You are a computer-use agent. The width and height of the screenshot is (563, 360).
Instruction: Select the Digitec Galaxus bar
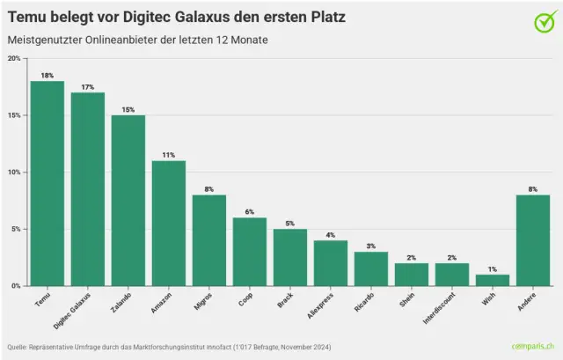[87, 189]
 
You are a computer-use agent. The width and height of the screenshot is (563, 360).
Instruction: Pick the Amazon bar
[168, 224]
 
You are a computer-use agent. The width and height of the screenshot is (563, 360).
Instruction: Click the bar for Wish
[492, 280]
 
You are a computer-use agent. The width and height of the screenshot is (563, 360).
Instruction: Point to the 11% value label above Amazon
[168, 155]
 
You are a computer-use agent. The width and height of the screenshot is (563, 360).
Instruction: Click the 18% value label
[47, 76]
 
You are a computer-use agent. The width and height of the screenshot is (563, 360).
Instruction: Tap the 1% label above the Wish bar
[492, 269]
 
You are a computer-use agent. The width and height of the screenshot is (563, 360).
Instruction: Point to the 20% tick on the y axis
[15, 59]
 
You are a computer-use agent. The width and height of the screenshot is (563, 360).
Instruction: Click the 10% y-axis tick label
[15, 173]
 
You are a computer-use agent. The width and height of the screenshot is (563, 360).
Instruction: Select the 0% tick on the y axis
[17, 286]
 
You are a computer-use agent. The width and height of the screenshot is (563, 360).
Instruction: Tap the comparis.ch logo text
[532, 346]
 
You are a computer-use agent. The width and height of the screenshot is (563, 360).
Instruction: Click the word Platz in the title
[322, 18]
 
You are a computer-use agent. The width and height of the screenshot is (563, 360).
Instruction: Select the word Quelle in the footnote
[18, 346]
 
